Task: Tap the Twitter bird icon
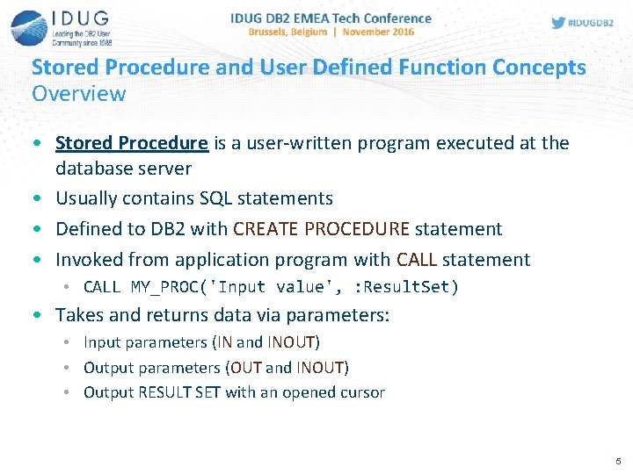[x=558, y=23]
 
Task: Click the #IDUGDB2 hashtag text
[x=592, y=23]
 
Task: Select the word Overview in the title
[x=79, y=93]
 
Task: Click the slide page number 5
[x=618, y=461]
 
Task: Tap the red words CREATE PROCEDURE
[x=322, y=229]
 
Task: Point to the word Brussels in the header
[x=275, y=32]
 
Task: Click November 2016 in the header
[x=379, y=32]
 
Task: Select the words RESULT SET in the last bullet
[x=179, y=392]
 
